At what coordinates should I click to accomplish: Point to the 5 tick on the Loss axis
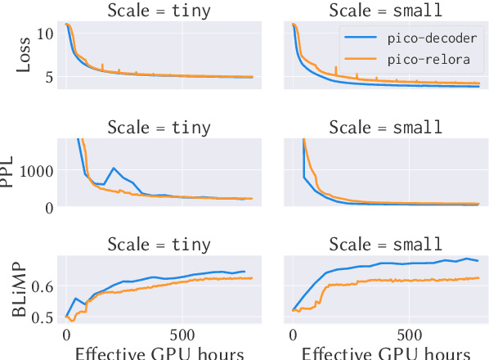click(x=47, y=77)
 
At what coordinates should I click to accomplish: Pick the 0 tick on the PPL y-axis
click(x=49, y=207)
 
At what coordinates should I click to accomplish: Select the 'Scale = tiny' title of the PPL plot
click(x=160, y=128)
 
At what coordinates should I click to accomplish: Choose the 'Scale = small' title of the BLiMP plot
click(x=385, y=244)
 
